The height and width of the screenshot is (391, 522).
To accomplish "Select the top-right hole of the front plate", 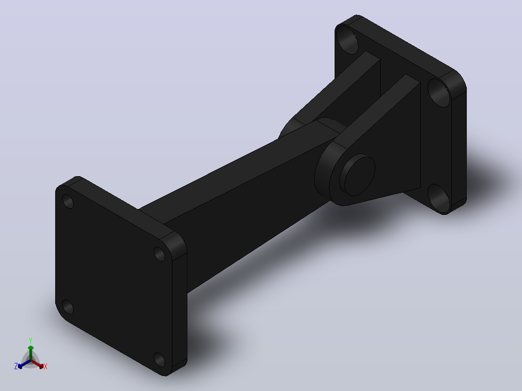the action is pyautogui.click(x=159, y=254).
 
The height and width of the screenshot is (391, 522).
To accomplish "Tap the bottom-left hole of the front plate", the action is pyautogui.click(x=68, y=307).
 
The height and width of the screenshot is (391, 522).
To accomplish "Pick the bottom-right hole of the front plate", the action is pyautogui.click(x=159, y=360).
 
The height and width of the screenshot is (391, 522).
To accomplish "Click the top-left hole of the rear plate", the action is pyautogui.click(x=347, y=40).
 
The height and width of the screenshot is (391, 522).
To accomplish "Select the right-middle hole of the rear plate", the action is pyautogui.click(x=439, y=92).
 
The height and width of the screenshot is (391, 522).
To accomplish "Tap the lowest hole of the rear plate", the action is pyautogui.click(x=439, y=198).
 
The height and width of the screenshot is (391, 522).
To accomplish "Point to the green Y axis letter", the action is pyautogui.click(x=31, y=340).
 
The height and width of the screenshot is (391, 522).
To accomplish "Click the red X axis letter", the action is pyautogui.click(x=46, y=366).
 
